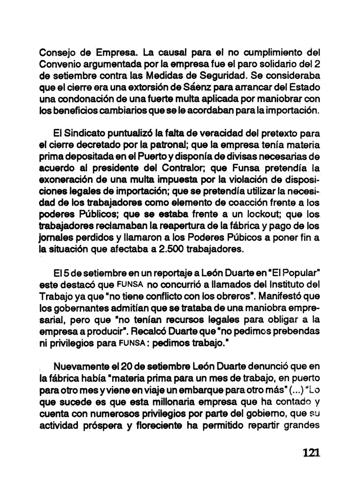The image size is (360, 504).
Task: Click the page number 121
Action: click(311, 452)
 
